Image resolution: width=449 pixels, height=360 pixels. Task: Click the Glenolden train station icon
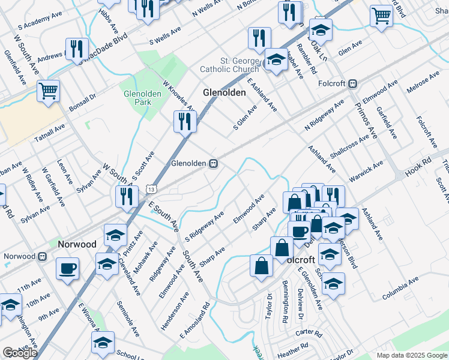213,163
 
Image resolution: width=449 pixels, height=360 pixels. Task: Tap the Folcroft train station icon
354,83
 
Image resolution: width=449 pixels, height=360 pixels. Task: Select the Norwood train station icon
42,256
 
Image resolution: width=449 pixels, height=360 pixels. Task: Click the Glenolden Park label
137,98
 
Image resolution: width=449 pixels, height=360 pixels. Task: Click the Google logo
20,353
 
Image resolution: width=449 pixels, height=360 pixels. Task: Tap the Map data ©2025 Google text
412,355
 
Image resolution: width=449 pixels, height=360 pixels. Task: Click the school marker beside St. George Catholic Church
276,60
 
